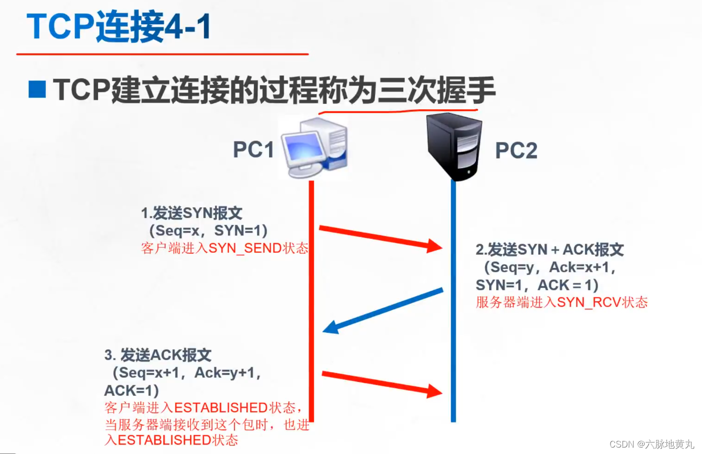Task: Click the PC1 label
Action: coord(253,150)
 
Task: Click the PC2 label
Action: coord(516,150)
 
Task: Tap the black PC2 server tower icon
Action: coord(454,147)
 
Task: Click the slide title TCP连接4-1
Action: coord(119,26)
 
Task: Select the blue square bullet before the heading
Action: coord(38,90)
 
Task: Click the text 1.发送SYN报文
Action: coord(192,213)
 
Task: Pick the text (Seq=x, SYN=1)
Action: coord(208,230)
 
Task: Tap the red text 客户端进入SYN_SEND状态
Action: coord(225,248)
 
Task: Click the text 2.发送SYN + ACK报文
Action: coord(550,250)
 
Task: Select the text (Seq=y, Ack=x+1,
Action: coord(549,268)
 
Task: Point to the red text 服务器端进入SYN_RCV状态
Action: coord(562,302)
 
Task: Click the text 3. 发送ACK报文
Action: coord(158,355)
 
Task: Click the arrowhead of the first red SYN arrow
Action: coord(434,246)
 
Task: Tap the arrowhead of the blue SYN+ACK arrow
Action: coord(330,327)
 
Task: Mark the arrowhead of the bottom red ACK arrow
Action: coord(434,391)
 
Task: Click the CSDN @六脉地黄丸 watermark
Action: coord(652,444)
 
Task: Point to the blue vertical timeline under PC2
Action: coord(453,302)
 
